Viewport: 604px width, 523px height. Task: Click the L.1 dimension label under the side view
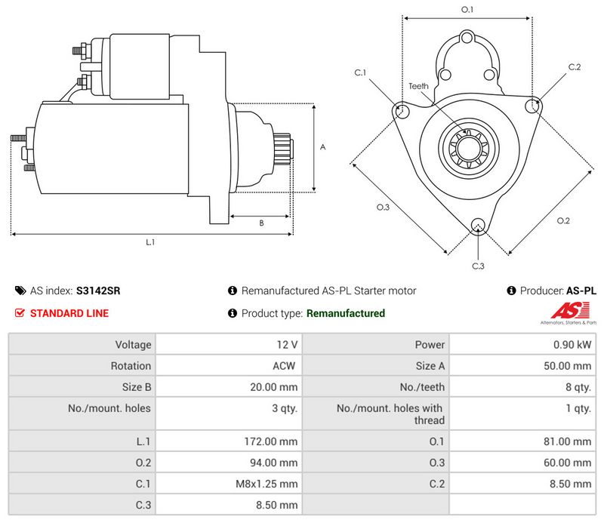(x=150, y=242)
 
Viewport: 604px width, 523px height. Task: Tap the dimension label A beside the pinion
(x=322, y=147)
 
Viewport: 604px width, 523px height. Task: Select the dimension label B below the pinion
(x=261, y=223)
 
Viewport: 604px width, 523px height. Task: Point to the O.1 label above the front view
(x=467, y=10)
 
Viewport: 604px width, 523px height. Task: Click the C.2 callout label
(x=575, y=67)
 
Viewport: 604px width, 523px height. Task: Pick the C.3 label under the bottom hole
(x=477, y=266)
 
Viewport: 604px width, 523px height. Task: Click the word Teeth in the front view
(x=418, y=86)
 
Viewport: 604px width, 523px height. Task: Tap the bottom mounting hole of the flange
(x=477, y=225)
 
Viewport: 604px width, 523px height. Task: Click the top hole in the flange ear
(x=467, y=38)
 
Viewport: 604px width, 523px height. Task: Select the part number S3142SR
(x=98, y=291)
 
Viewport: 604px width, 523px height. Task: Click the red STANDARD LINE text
(x=69, y=313)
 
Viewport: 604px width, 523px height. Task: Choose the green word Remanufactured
(x=346, y=313)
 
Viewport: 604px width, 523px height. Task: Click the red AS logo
(x=563, y=309)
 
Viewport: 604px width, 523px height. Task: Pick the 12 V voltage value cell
(x=288, y=345)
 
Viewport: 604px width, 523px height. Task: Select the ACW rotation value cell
(x=285, y=366)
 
